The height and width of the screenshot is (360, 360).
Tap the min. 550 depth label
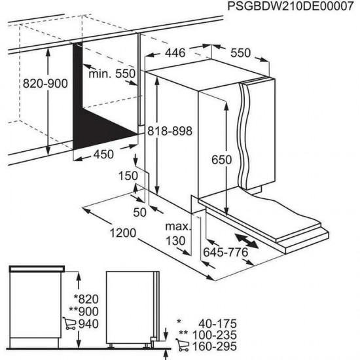(112, 74)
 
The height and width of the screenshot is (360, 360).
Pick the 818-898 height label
(170, 131)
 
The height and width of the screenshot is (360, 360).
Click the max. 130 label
(176, 234)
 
